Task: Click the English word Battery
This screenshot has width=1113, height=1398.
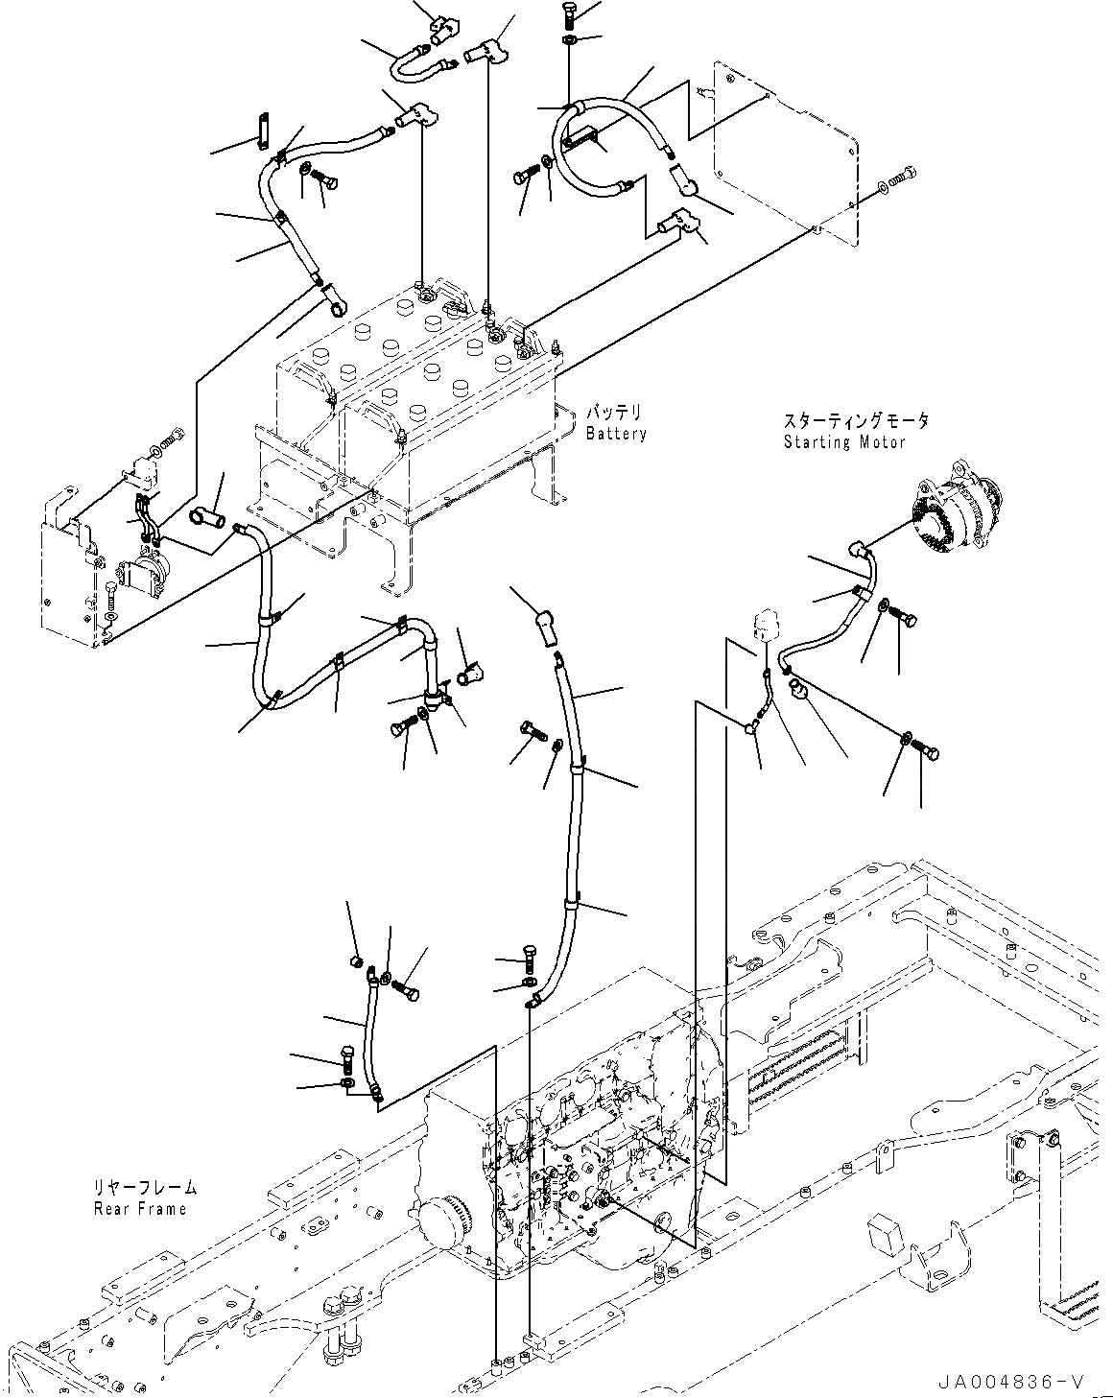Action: coord(616,434)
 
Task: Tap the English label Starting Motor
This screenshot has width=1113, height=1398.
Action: coord(843,442)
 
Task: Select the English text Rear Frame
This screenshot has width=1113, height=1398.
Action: coord(140,1208)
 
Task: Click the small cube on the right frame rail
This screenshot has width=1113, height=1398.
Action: coord(886,1235)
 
